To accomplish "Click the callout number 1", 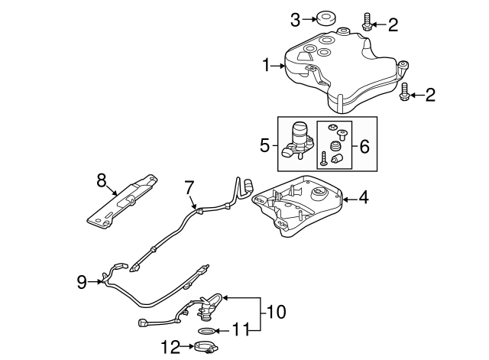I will (x=267, y=66).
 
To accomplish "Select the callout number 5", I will (x=265, y=144).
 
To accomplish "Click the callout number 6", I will (x=364, y=145).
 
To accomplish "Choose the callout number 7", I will (x=189, y=186).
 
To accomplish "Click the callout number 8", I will (x=100, y=180).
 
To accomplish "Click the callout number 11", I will (x=241, y=331).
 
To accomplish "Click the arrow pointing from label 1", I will (x=278, y=66).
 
